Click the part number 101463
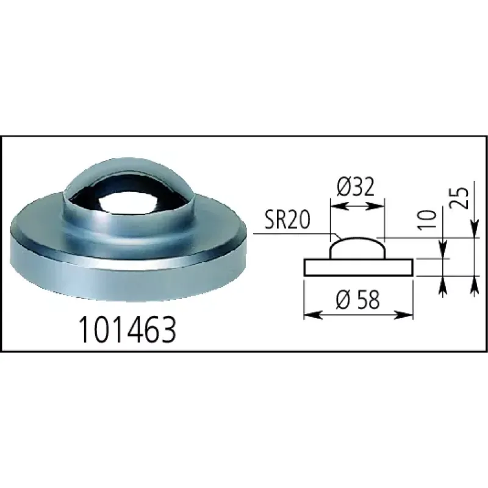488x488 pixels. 127,329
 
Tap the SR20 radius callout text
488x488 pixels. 287,220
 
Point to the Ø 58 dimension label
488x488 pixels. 358,300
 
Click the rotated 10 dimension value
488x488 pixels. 426,220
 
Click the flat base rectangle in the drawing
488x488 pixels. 359,267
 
